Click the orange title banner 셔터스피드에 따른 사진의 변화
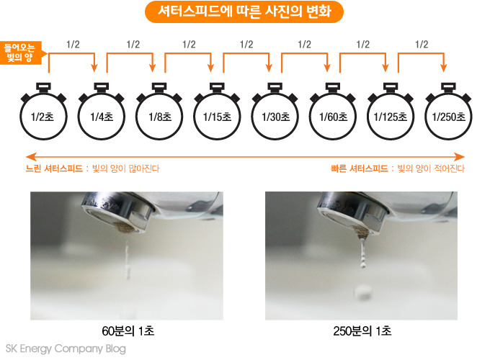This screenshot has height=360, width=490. click(x=244, y=12)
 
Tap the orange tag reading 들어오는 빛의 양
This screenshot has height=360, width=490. click(x=22, y=53)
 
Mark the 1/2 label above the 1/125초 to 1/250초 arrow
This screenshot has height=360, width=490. click(x=422, y=45)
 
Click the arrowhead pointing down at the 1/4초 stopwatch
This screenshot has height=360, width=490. click(x=94, y=68)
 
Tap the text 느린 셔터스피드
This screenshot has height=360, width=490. click(x=54, y=168)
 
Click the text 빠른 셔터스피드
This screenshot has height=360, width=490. click(x=360, y=168)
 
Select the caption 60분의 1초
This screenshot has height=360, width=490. click(x=128, y=331)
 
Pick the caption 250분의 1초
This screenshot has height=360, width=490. click(x=362, y=331)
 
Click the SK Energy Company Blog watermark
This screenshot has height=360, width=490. click(x=66, y=348)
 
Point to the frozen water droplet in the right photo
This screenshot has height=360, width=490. click(x=363, y=292)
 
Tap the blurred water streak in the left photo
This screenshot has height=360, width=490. click(x=127, y=259)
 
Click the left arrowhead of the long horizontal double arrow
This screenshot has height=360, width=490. click(x=31, y=157)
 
